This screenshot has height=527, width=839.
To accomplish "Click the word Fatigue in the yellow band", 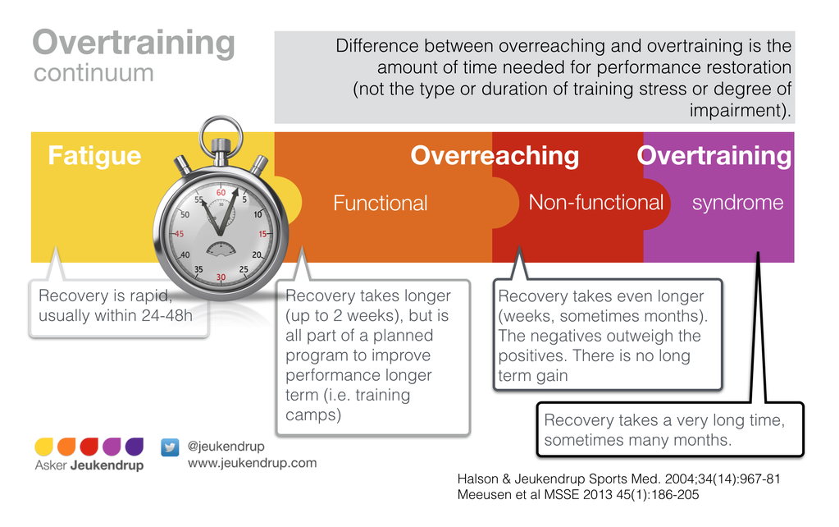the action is click(x=94, y=157).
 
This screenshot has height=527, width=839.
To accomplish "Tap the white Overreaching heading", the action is click(x=495, y=157).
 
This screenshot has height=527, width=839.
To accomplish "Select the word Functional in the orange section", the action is click(x=380, y=204).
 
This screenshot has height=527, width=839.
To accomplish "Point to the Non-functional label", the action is click(x=595, y=203).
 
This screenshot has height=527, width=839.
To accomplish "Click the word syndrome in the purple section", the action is click(x=737, y=203).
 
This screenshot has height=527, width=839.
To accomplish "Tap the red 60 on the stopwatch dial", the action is click(x=221, y=192).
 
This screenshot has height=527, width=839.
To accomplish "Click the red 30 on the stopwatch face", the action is click(x=221, y=277).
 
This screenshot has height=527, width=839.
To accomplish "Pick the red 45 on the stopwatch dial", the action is click(x=179, y=234).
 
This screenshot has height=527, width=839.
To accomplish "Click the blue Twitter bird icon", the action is click(x=170, y=447).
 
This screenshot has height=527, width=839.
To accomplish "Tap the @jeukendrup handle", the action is click(x=226, y=446).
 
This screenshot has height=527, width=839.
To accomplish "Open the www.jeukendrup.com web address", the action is click(x=252, y=463).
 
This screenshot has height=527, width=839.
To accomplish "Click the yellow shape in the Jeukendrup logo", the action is click(x=43, y=447).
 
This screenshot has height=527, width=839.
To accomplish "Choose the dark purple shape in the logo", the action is click(x=135, y=447).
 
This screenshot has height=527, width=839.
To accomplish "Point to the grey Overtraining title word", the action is click(x=134, y=43).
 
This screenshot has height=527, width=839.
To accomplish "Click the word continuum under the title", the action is click(x=93, y=73).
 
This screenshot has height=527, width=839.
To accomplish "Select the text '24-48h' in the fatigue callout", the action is click(x=166, y=315).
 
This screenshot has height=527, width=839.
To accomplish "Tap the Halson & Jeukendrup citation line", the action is click(x=619, y=479).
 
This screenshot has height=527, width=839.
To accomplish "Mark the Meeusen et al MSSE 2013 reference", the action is click(x=578, y=494).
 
